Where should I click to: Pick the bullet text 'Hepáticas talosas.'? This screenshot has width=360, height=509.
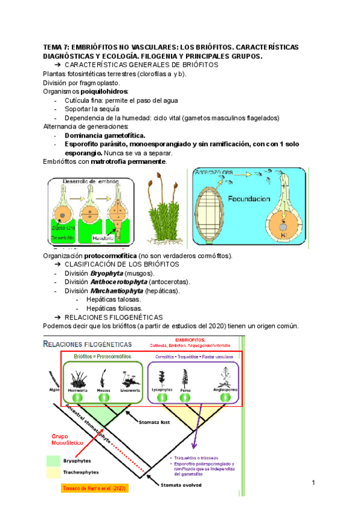tap(114, 299)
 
